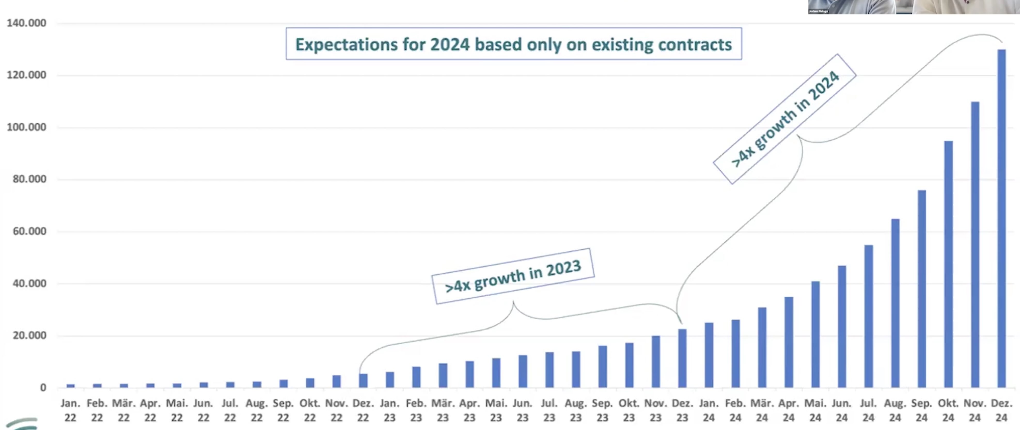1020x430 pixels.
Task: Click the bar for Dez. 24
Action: pos(1001,218)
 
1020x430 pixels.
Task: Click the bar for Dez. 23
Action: pos(682,358)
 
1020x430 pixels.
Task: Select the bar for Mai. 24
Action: pos(815,334)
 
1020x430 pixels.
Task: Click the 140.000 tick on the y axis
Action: pos(26,23)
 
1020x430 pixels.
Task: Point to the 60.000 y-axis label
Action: pos(29,231)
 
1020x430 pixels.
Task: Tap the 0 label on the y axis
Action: pos(43,388)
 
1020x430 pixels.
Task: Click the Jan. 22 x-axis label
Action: pos(70,410)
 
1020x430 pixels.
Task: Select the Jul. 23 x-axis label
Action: pos(549,410)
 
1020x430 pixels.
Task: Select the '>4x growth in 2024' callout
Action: pos(785,119)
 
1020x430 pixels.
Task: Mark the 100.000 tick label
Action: pos(26,127)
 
